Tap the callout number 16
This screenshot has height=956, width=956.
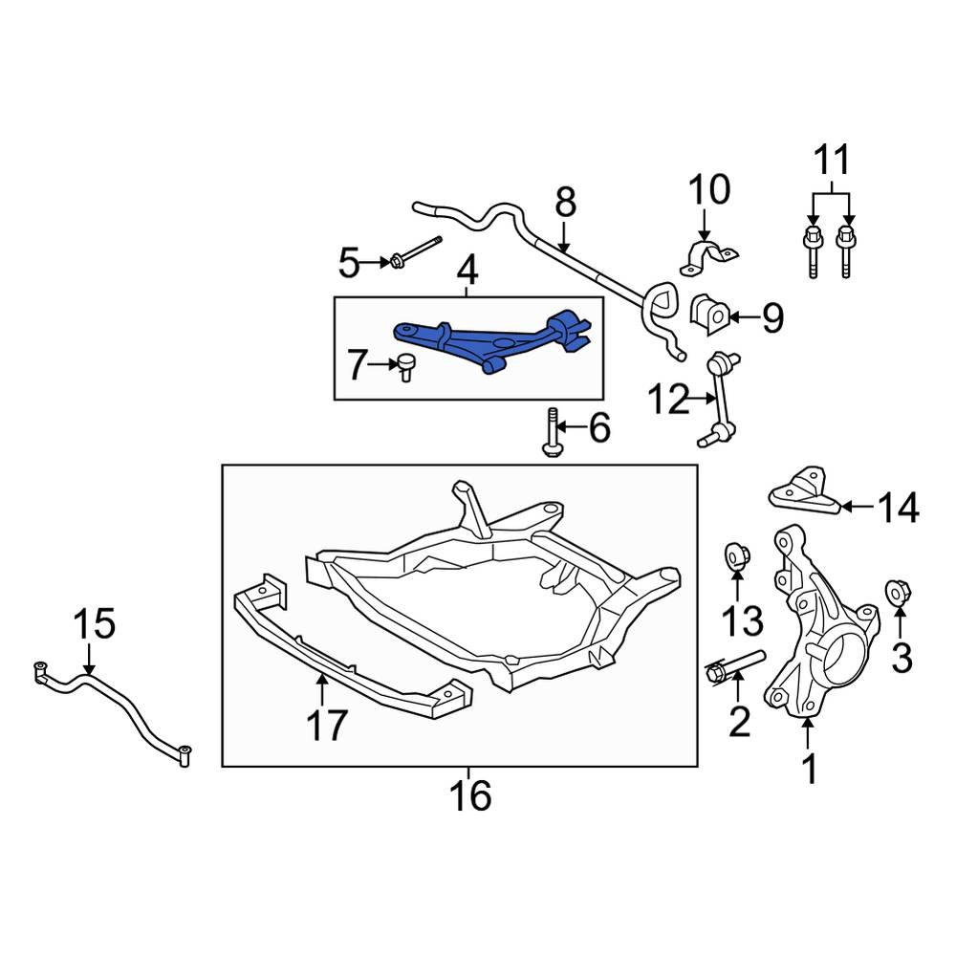[x=471, y=795]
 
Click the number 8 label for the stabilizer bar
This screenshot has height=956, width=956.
[x=565, y=203]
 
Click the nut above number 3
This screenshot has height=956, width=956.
[x=898, y=593]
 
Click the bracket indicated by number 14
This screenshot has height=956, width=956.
[x=804, y=492]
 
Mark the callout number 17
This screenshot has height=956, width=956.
[x=325, y=726]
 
